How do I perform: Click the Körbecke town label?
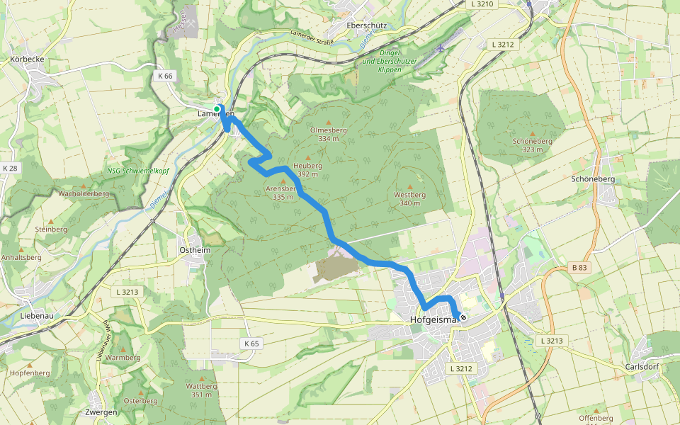coord(28,59)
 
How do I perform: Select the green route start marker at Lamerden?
coord(217,109)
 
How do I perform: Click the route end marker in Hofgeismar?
coord(463,317)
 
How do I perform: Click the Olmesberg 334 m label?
coord(328,135)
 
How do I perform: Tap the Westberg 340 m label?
coord(410,198)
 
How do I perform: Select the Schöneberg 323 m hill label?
coord(531,145)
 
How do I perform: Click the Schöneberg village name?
coord(593,179)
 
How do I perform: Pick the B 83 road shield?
coord(579,267)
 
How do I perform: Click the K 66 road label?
coord(165,75)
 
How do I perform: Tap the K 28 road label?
coord(10,168)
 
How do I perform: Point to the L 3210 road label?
coord(482,4)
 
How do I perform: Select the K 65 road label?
coord(251,344)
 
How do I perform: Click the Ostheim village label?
coord(195,251)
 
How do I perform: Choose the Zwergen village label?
coord(100,412)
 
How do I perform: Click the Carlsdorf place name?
coord(642,367)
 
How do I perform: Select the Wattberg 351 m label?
coord(200,390)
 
